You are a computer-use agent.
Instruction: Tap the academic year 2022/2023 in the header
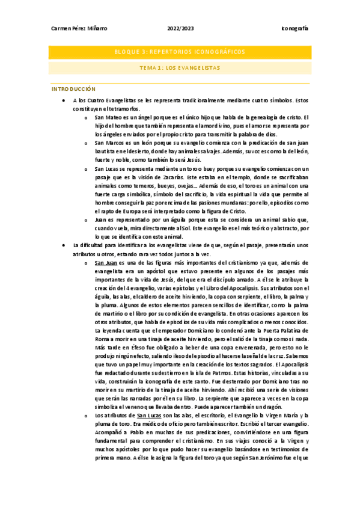[x=180, y=29]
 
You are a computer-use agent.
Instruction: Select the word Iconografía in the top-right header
[x=294, y=29]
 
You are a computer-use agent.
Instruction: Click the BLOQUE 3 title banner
[x=180, y=52]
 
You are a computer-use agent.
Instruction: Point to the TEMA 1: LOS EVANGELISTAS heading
[x=180, y=67]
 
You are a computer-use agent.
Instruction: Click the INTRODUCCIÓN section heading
[x=74, y=88]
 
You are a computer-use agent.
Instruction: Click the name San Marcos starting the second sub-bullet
[x=109, y=143]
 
